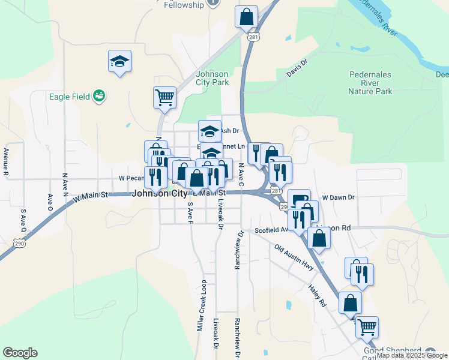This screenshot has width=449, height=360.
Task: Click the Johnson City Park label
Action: [x=212, y=78]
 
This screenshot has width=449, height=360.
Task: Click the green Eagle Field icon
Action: [x=100, y=95]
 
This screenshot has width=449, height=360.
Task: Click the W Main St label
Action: [x=90, y=195]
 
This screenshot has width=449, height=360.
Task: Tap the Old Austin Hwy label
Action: [x=294, y=256]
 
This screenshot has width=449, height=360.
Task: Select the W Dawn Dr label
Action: [x=339, y=197]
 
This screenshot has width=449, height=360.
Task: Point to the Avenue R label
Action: [x=6, y=162]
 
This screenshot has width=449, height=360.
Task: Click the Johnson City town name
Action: [x=158, y=193]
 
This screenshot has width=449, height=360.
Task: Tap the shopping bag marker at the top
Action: [x=246, y=16]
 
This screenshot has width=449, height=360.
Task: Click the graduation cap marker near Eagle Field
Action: [x=120, y=61]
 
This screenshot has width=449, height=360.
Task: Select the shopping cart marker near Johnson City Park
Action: [x=164, y=97]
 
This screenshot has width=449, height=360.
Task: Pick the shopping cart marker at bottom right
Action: [x=367, y=327]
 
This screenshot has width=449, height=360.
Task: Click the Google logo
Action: [x=20, y=353]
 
